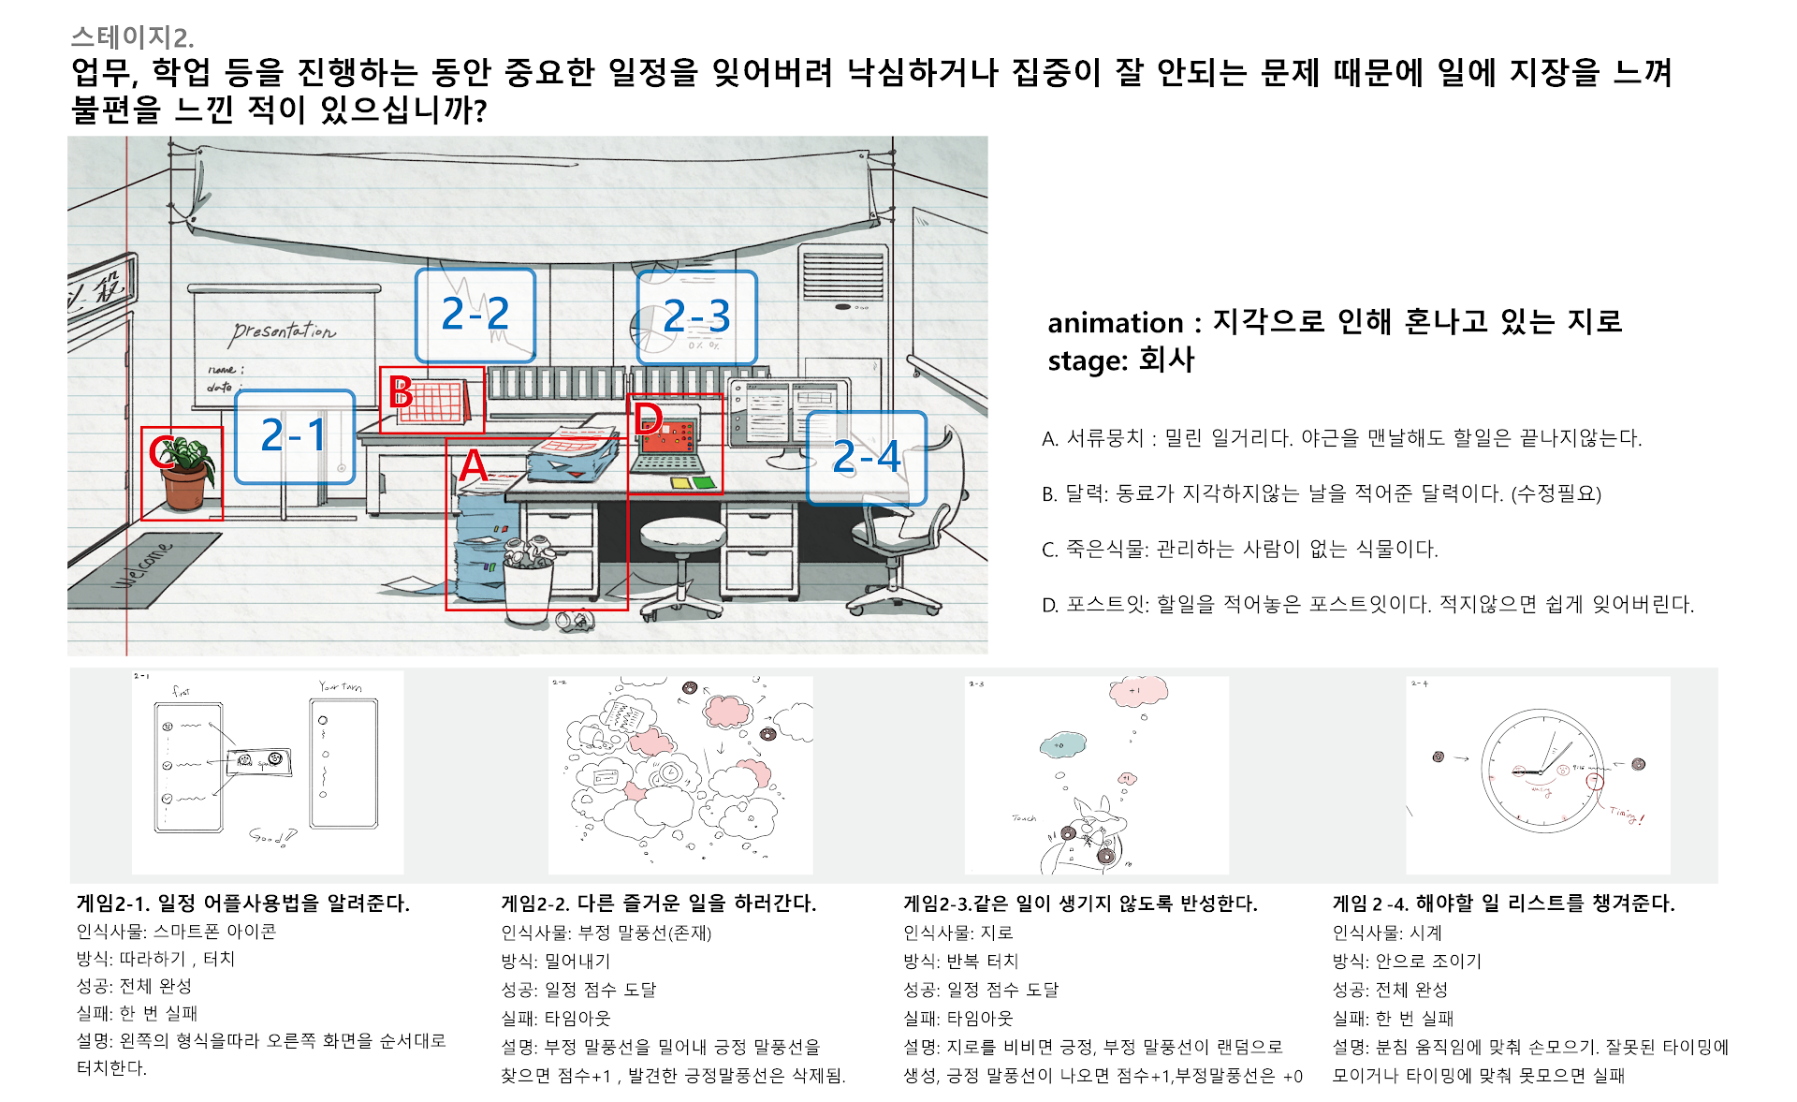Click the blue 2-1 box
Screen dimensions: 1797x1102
click(x=294, y=436)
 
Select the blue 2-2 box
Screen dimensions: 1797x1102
click(x=475, y=316)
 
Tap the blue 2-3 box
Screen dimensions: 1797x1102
click(x=696, y=317)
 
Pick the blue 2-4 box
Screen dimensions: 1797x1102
click(x=867, y=458)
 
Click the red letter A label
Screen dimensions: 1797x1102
click(x=474, y=465)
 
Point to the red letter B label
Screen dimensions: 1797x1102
click(x=401, y=392)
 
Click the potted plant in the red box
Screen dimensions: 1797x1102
click(x=186, y=473)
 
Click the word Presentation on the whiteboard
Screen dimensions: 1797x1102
click(x=284, y=331)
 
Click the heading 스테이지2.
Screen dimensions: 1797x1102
click(x=132, y=37)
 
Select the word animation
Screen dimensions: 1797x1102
click(x=1115, y=323)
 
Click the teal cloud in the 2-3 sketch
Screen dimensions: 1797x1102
click(x=1063, y=745)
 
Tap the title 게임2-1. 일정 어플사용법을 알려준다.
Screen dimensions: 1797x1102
click(x=242, y=904)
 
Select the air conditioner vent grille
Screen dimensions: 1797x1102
click(x=842, y=274)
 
